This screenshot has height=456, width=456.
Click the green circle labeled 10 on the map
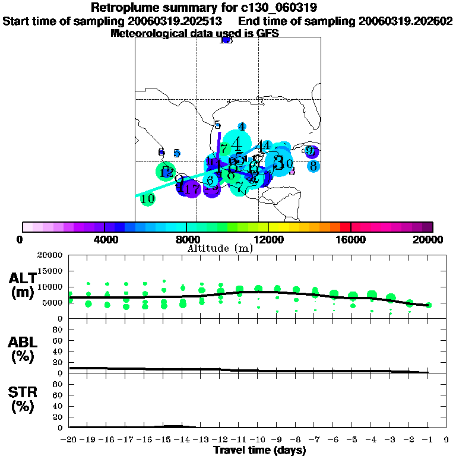point(147,199)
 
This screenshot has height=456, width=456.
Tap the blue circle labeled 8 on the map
point(313,166)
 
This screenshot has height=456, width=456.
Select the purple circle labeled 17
point(192,189)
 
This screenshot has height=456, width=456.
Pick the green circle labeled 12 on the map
point(166,172)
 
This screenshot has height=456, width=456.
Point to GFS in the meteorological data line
point(267,33)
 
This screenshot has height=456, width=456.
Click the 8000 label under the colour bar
point(186,239)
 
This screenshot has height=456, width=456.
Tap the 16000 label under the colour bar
point(351,239)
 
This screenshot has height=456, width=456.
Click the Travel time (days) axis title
point(259,450)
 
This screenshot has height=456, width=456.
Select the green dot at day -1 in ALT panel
point(429,305)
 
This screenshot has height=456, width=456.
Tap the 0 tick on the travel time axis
point(446,439)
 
